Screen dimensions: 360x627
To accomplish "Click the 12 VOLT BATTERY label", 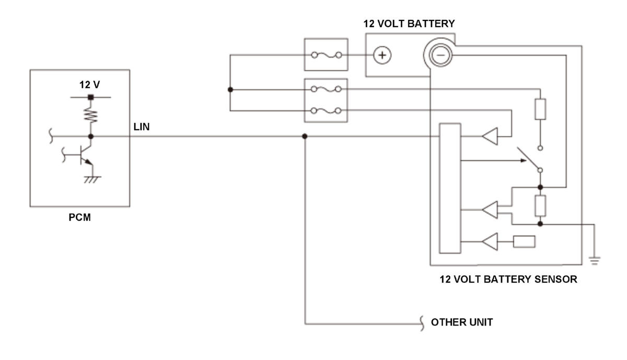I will coord(409,24).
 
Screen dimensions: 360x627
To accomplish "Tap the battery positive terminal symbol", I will coord(382,54).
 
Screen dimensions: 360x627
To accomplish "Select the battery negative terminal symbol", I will coord(440,54).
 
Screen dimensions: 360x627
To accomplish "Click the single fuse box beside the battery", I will coord(326,54).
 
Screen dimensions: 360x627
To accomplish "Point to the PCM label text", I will coord(79,217).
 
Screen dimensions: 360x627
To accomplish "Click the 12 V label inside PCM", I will coord(89,84).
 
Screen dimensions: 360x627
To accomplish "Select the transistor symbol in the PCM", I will coord(83,155).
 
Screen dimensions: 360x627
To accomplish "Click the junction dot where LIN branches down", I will coord(305,136).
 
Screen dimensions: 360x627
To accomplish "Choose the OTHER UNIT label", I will coord(461,322).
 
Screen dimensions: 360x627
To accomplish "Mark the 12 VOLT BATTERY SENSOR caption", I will coord(508,279).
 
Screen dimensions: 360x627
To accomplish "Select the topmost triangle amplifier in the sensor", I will coord(490,137).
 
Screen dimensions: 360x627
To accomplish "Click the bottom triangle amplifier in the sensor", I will coord(490,242).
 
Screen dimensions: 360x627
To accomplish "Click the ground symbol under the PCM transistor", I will coord(92,179).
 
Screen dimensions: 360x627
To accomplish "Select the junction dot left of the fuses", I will coord(230,90).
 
